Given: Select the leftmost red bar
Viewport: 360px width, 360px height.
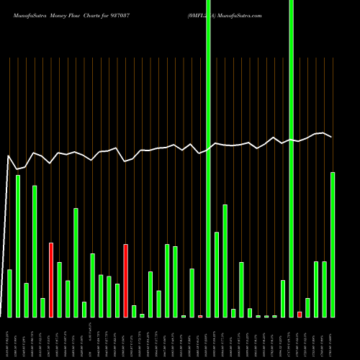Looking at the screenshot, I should tap(51, 279).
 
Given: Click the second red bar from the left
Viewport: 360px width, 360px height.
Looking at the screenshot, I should tap(125, 280).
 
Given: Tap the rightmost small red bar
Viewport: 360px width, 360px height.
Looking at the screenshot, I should tap(300, 314).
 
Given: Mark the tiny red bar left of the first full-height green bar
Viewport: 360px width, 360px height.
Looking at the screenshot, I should tap(200, 316).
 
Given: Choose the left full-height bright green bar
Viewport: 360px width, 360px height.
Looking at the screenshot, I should tap(208, 158).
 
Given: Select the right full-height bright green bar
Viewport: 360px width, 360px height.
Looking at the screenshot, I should tap(291, 158).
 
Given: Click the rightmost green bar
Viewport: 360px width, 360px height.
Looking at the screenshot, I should tap(333, 244).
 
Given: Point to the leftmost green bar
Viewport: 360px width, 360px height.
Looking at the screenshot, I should tap(9, 293).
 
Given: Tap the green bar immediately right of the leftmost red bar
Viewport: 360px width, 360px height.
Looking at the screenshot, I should tap(59, 289).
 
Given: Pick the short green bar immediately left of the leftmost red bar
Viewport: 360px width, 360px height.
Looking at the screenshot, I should tap(42, 307).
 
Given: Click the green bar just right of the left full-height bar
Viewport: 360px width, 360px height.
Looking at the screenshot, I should tap(217, 274).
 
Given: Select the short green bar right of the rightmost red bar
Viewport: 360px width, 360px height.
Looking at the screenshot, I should tap(307, 307).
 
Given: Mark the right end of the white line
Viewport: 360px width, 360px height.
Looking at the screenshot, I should tap(331, 137).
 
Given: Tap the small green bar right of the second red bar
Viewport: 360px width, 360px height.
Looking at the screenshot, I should tap(134, 311).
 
